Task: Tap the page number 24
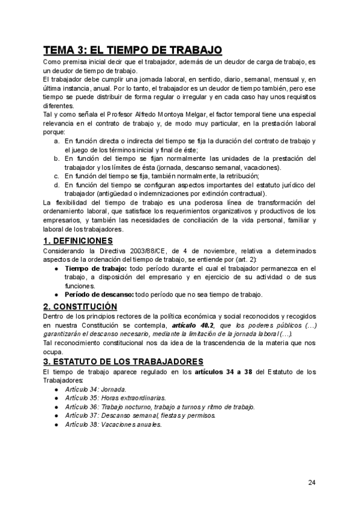point(311,482)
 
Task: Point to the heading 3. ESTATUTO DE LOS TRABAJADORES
point(124,361)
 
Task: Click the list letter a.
point(56,140)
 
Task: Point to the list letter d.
point(56,185)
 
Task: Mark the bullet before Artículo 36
point(56,407)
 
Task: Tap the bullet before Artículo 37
point(56,415)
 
